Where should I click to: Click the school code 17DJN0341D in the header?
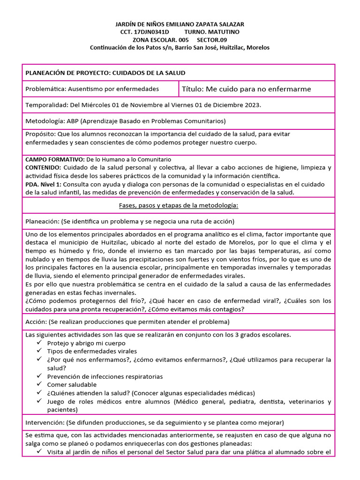point(151,32)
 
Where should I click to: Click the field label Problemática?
point(46,89)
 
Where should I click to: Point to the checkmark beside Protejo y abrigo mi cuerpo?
point(39,343)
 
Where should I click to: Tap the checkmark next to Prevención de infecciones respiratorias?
point(39,376)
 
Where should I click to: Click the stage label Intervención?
point(45,422)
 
